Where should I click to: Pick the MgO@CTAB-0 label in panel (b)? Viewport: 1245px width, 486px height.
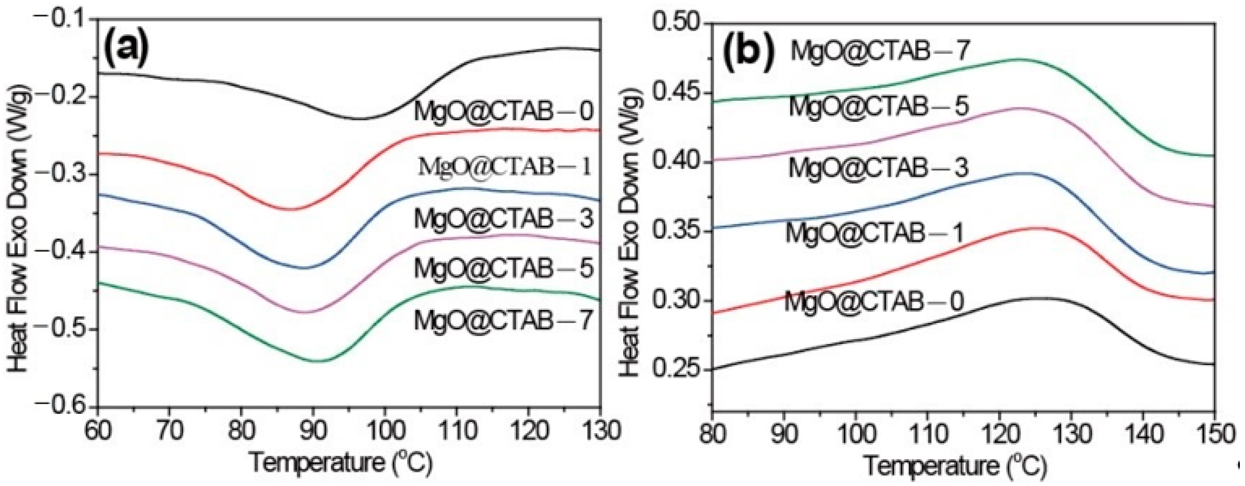tap(874, 301)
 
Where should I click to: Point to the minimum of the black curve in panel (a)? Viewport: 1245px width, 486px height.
tap(360, 119)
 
